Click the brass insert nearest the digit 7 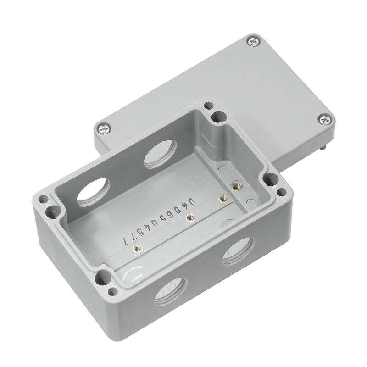136,249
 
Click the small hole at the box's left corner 44,200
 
